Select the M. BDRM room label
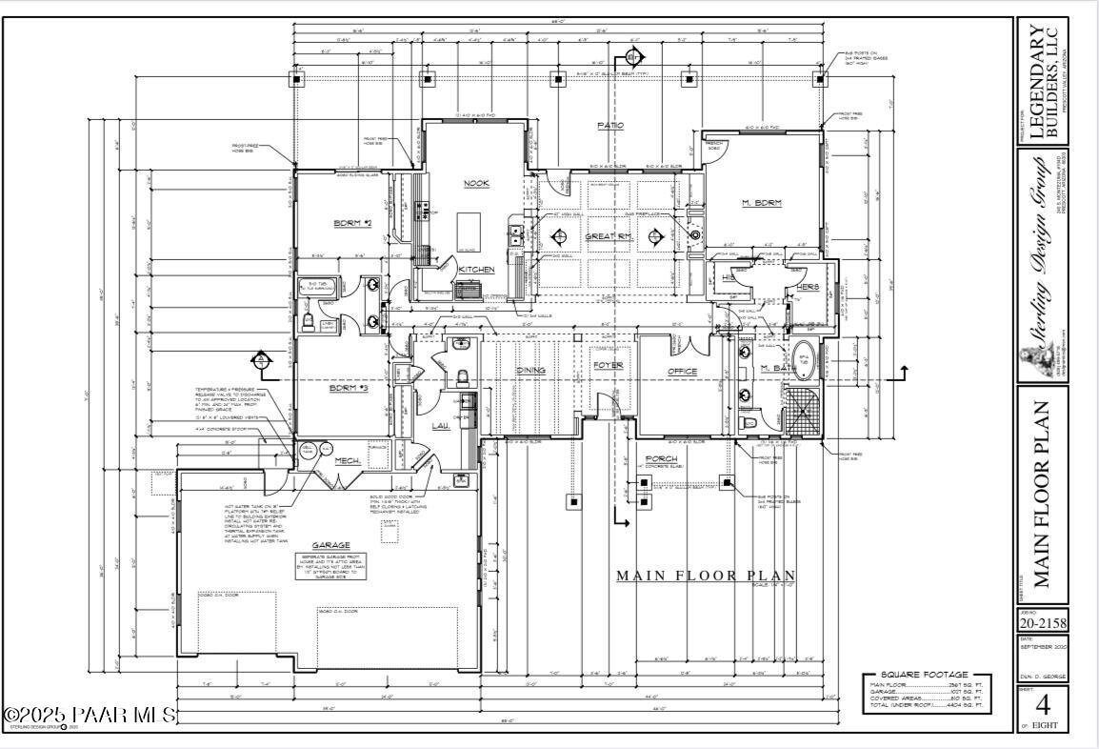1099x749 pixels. [761, 203]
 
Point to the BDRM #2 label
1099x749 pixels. [351, 223]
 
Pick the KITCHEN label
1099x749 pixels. [476, 271]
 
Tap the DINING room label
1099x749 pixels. [530, 370]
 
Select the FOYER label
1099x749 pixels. [608, 365]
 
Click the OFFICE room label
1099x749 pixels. [682, 371]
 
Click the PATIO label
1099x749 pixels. [609, 126]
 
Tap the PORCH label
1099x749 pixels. [661, 458]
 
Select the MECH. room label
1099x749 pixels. [347, 462]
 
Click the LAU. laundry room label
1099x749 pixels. [440, 425]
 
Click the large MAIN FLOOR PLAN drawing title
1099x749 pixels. [706, 576]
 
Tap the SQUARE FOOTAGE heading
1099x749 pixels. [925, 674]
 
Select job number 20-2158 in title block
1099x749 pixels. [1041, 624]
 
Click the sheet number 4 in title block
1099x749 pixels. [1043, 707]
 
